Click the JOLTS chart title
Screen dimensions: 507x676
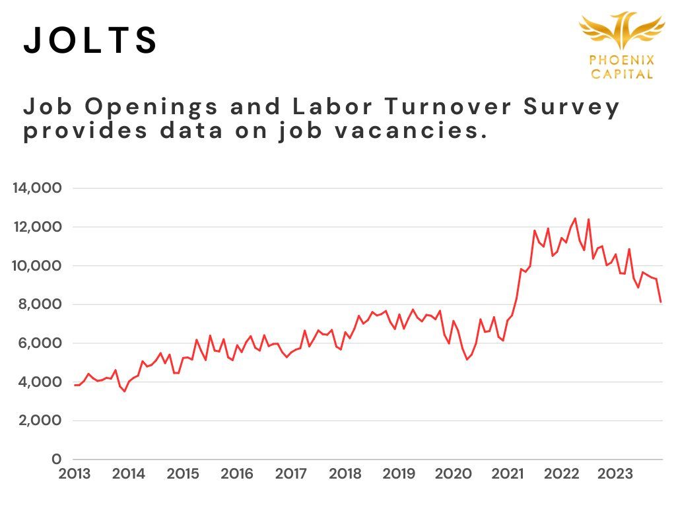pyautogui.click(x=91, y=41)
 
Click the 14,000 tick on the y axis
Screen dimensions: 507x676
pyautogui.click(x=37, y=189)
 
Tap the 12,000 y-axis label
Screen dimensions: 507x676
pyautogui.click(x=37, y=227)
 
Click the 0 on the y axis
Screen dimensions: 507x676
pyautogui.click(x=57, y=459)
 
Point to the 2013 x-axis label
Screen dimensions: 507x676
pyautogui.click(x=74, y=474)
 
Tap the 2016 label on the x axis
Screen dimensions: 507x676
pyautogui.click(x=237, y=474)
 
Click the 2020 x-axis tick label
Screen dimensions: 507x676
pyautogui.click(x=454, y=474)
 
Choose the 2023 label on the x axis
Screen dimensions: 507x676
pyautogui.click(x=616, y=474)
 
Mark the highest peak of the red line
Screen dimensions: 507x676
pyautogui.click(x=575, y=218)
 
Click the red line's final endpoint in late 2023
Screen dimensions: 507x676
pyautogui.click(x=661, y=302)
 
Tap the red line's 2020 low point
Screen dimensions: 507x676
pyautogui.click(x=467, y=359)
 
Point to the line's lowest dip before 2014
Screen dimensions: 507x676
pyautogui.click(x=124, y=391)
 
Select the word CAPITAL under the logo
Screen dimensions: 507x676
pyautogui.click(x=622, y=74)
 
